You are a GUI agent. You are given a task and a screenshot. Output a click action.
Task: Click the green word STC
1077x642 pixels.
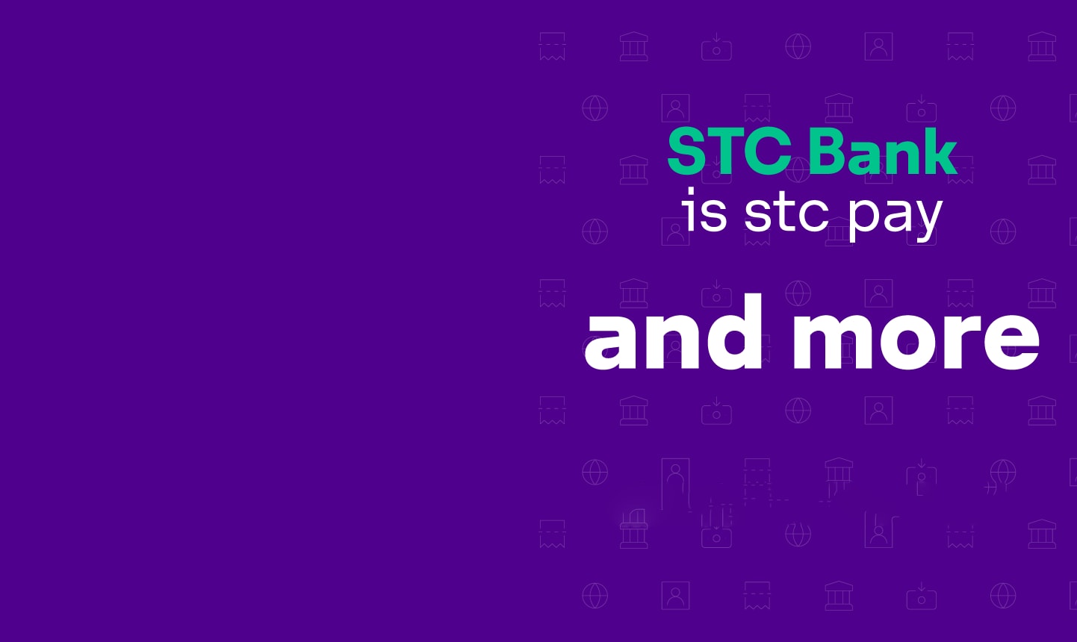click(730, 152)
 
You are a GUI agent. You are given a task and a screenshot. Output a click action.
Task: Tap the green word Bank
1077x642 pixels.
click(882, 151)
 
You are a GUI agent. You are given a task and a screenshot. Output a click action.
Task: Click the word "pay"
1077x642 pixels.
click(894, 217)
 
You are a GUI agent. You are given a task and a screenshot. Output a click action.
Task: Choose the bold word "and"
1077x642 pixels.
click(673, 331)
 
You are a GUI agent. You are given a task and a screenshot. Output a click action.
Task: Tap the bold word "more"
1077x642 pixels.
click(916, 339)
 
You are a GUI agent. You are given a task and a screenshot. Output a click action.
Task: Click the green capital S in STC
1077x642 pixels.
click(689, 152)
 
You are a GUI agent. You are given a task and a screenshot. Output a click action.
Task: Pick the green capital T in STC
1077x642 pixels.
click(728, 152)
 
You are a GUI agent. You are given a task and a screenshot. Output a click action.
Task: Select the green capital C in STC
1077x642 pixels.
click(770, 152)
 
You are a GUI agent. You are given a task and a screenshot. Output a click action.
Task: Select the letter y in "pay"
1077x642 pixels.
click(927, 220)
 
